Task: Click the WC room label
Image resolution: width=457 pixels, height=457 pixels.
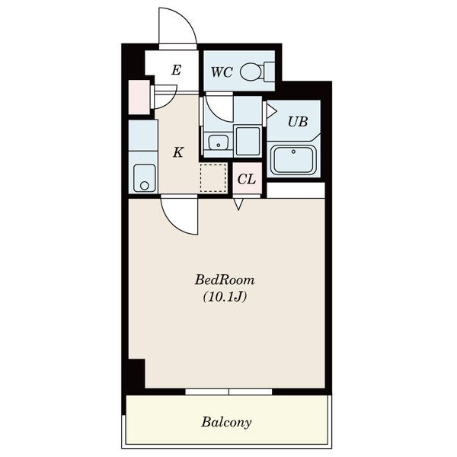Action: click(x=222, y=72)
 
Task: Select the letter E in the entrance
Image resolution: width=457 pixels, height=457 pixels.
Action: click(x=177, y=70)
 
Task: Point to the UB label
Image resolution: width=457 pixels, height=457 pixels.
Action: click(x=298, y=122)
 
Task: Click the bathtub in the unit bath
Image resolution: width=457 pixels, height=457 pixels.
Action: click(x=293, y=160)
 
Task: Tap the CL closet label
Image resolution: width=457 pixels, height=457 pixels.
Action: click(x=247, y=179)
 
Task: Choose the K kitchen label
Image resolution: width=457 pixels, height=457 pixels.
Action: click(x=178, y=152)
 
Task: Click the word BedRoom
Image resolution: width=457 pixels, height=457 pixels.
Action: click(x=225, y=280)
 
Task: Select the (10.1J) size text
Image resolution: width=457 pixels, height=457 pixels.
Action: click(x=225, y=297)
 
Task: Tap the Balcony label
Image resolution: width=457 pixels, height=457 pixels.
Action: click(x=226, y=422)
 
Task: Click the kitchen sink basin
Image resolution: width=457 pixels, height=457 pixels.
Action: click(x=144, y=178)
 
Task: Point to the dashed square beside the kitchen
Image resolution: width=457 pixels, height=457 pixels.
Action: click(x=213, y=177)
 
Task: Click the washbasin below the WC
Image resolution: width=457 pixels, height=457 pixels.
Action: click(x=219, y=142)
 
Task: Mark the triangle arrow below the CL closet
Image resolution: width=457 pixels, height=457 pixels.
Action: click(x=238, y=204)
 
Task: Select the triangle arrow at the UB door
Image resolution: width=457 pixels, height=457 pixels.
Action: click(x=272, y=110)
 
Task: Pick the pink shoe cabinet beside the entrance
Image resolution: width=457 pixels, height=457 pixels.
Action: click(x=139, y=97)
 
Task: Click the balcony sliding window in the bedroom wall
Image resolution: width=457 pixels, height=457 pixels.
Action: click(x=228, y=391)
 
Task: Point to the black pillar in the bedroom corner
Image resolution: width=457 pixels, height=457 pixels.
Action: click(x=136, y=373)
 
